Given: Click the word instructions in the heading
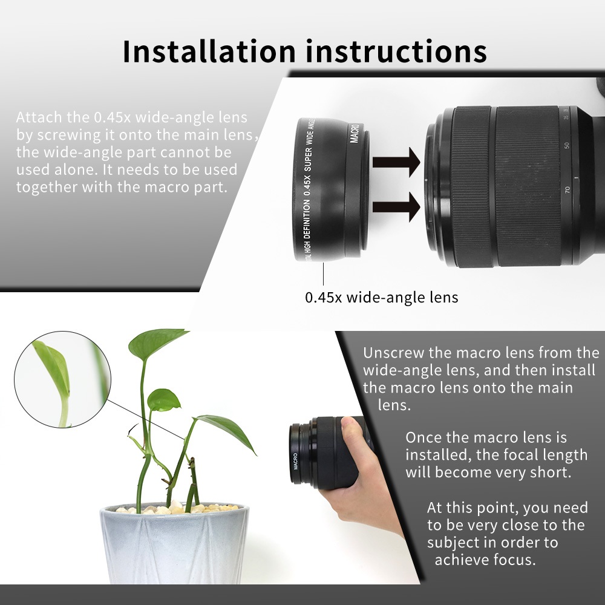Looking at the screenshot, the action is point(396,51).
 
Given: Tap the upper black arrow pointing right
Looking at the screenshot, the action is point(396,162).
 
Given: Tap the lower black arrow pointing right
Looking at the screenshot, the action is point(396,207).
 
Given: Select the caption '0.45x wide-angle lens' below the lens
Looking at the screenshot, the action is point(382,298).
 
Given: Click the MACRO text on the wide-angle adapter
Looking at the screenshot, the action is point(355,133).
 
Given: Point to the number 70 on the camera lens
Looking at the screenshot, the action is point(567,190).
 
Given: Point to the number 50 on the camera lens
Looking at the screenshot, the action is point(566,145).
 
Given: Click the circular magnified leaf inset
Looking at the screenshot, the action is point(62,380).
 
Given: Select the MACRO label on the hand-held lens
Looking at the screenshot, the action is point(296,461).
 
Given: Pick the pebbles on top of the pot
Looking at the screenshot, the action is point(175,508).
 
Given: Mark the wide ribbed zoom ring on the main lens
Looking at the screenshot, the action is point(527,186).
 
